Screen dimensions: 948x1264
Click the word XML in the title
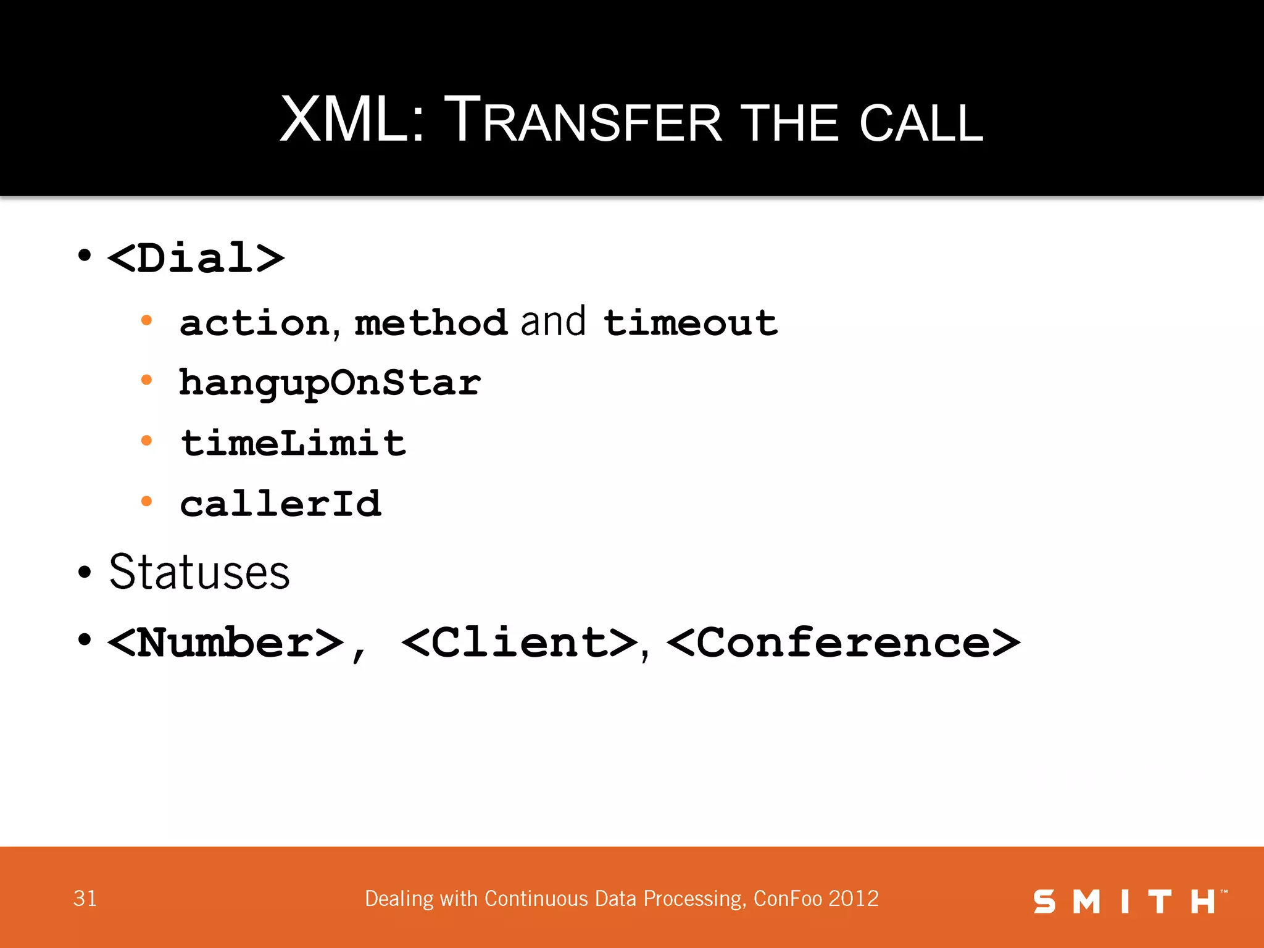pyautogui.click(x=343, y=120)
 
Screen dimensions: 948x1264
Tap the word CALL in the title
pyautogui.click(x=921, y=123)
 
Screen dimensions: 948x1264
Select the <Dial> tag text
pyautogui.click(x=196, y=257)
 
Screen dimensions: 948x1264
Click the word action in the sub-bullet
pyautogui.click(x=255, y=323)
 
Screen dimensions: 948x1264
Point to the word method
pyautogui.click(x=431, y=323)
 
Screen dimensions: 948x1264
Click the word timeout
pyautogui.click(x=691, y=323)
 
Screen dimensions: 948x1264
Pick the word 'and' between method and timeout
pyautogui.click(x=553, y=322)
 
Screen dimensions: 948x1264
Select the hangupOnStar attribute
pyautogui.click(x=330, y=383)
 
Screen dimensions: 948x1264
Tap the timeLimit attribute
pyautogui.click(x=293, y=443)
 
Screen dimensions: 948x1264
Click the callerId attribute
pyautogui.click(x=281, y=504)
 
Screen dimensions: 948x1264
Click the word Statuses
pyautogui.click(x=199, y=572)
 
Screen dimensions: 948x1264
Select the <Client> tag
pyautogui.click(x=519, y=642)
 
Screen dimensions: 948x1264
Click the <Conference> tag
pyautogui.click(x=843, y=642)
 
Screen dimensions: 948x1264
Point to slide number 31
pyautogui.click(x=85, y=899)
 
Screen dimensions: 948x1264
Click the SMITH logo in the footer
pyautogui.click(x=1129, y=901)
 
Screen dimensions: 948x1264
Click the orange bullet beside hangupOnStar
pyautogui.click(x=146, y=380)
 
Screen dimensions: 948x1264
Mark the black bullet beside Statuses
pyautogui.click(x=85, y=572)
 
